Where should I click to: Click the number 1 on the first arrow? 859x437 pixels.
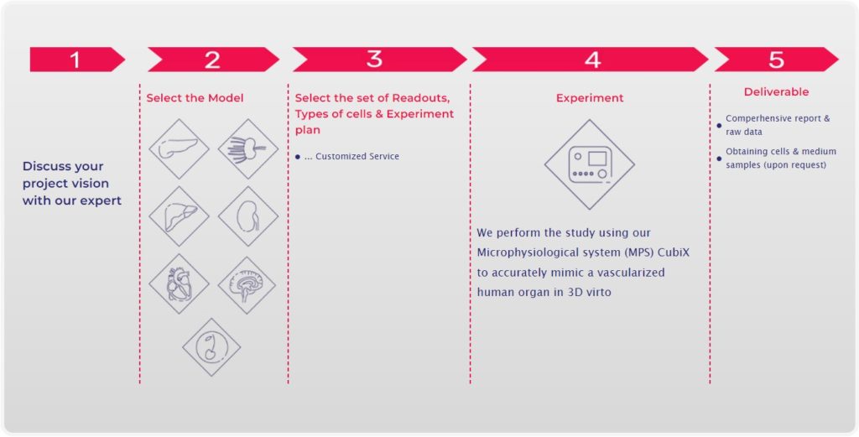(x=75, y=60)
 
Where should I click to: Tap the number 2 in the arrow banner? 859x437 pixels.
(x=212, y=60)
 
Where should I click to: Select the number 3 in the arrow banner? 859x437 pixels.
(x=374, y=60)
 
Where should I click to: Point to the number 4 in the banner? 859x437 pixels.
(x=592, y=60)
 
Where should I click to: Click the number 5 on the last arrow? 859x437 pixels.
(x=776, y=60)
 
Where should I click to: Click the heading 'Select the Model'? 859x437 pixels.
(x=195, y=98)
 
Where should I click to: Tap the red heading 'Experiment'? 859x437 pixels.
(x=590, y=98)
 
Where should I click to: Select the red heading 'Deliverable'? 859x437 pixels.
(x=776, y=92)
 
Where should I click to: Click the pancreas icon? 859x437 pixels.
(x=179, y=148)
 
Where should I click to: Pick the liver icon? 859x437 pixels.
(x=179, y=216)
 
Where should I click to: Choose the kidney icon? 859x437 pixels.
(x=247, y=216)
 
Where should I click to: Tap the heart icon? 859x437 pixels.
(x=179, y=284)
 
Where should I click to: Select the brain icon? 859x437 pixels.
(x=247, y=285)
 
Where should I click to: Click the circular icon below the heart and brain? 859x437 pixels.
(x=211, y=347)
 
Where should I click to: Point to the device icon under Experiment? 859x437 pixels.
(x=590, y=164)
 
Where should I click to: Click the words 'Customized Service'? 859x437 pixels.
(x=357, y=157)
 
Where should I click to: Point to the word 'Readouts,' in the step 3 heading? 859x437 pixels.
(x=421, y=99)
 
